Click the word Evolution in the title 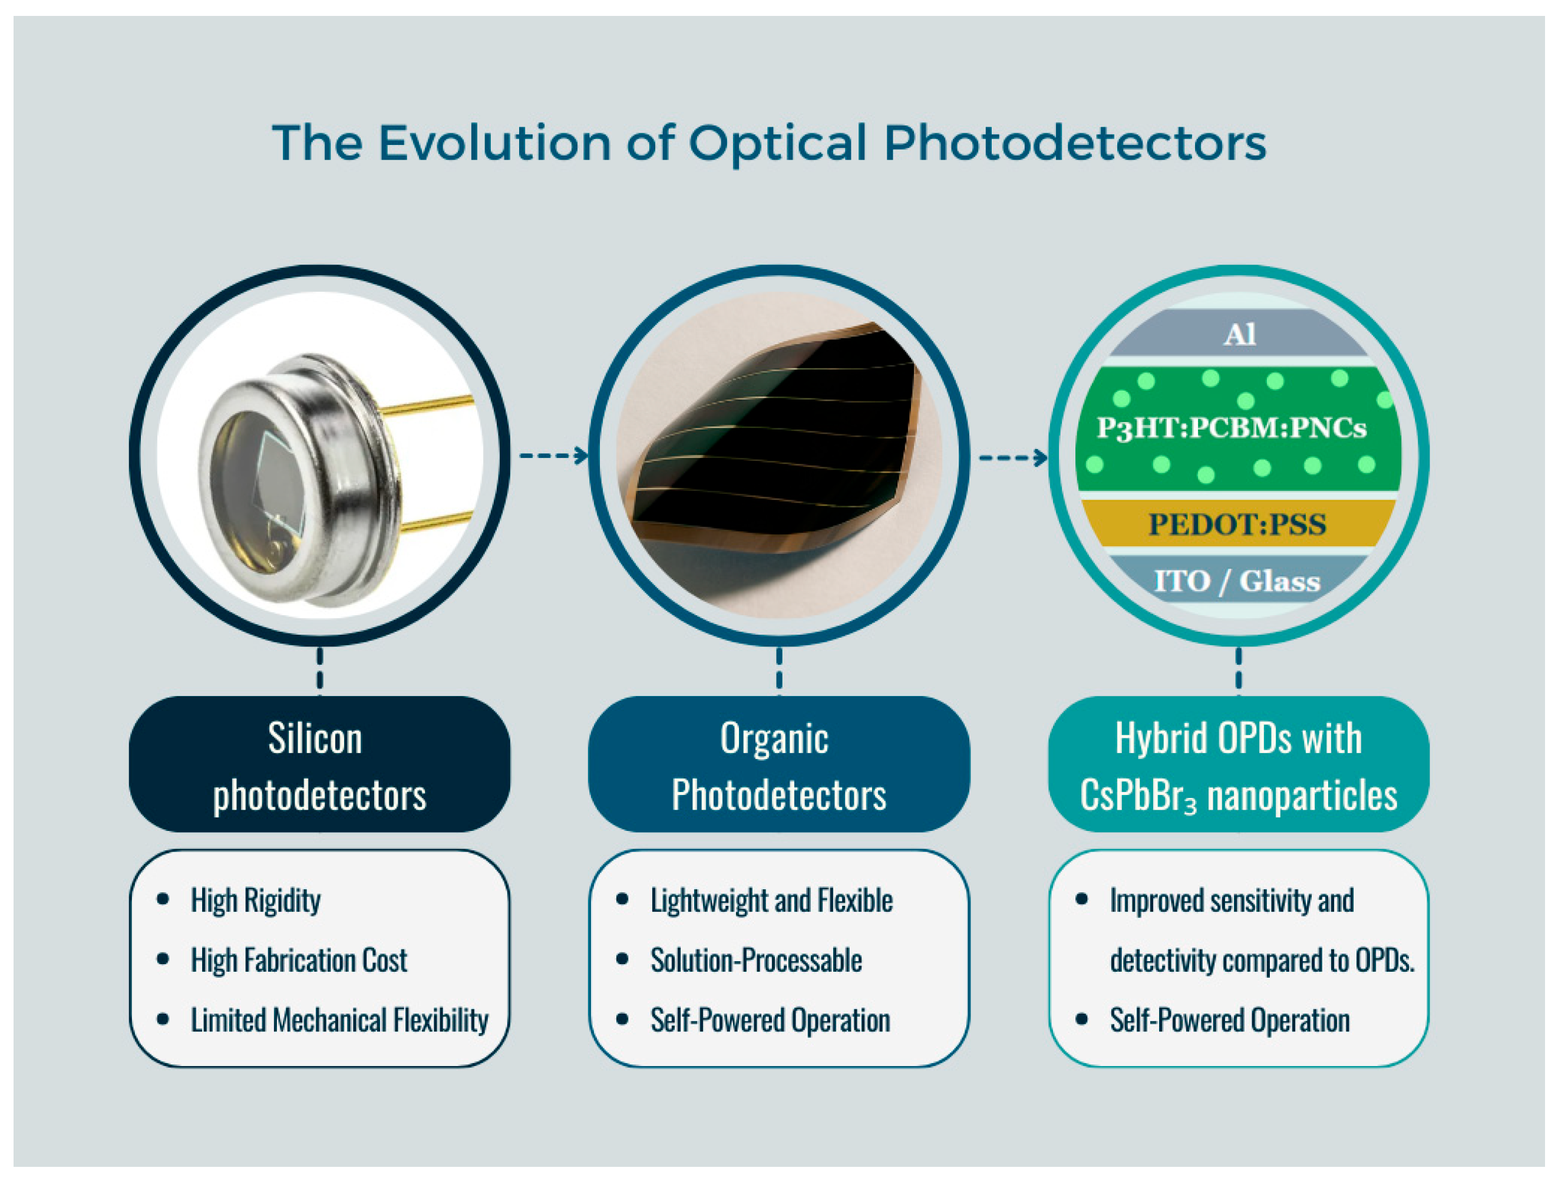click(x=494, y=143)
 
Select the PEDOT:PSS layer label click(x=1237, y=524)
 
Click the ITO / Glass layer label click(x=1237, y=581)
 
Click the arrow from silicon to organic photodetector click(x=554, y=456)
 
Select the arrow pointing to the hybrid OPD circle click(x=1014, y=458)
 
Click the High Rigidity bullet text click(x=256, y=900)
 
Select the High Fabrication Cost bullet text click(x=299, y=961)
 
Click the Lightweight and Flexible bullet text click(x=772, y=900)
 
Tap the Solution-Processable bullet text click(x=757, y=961)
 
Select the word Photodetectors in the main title click(x=1075, y=143)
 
